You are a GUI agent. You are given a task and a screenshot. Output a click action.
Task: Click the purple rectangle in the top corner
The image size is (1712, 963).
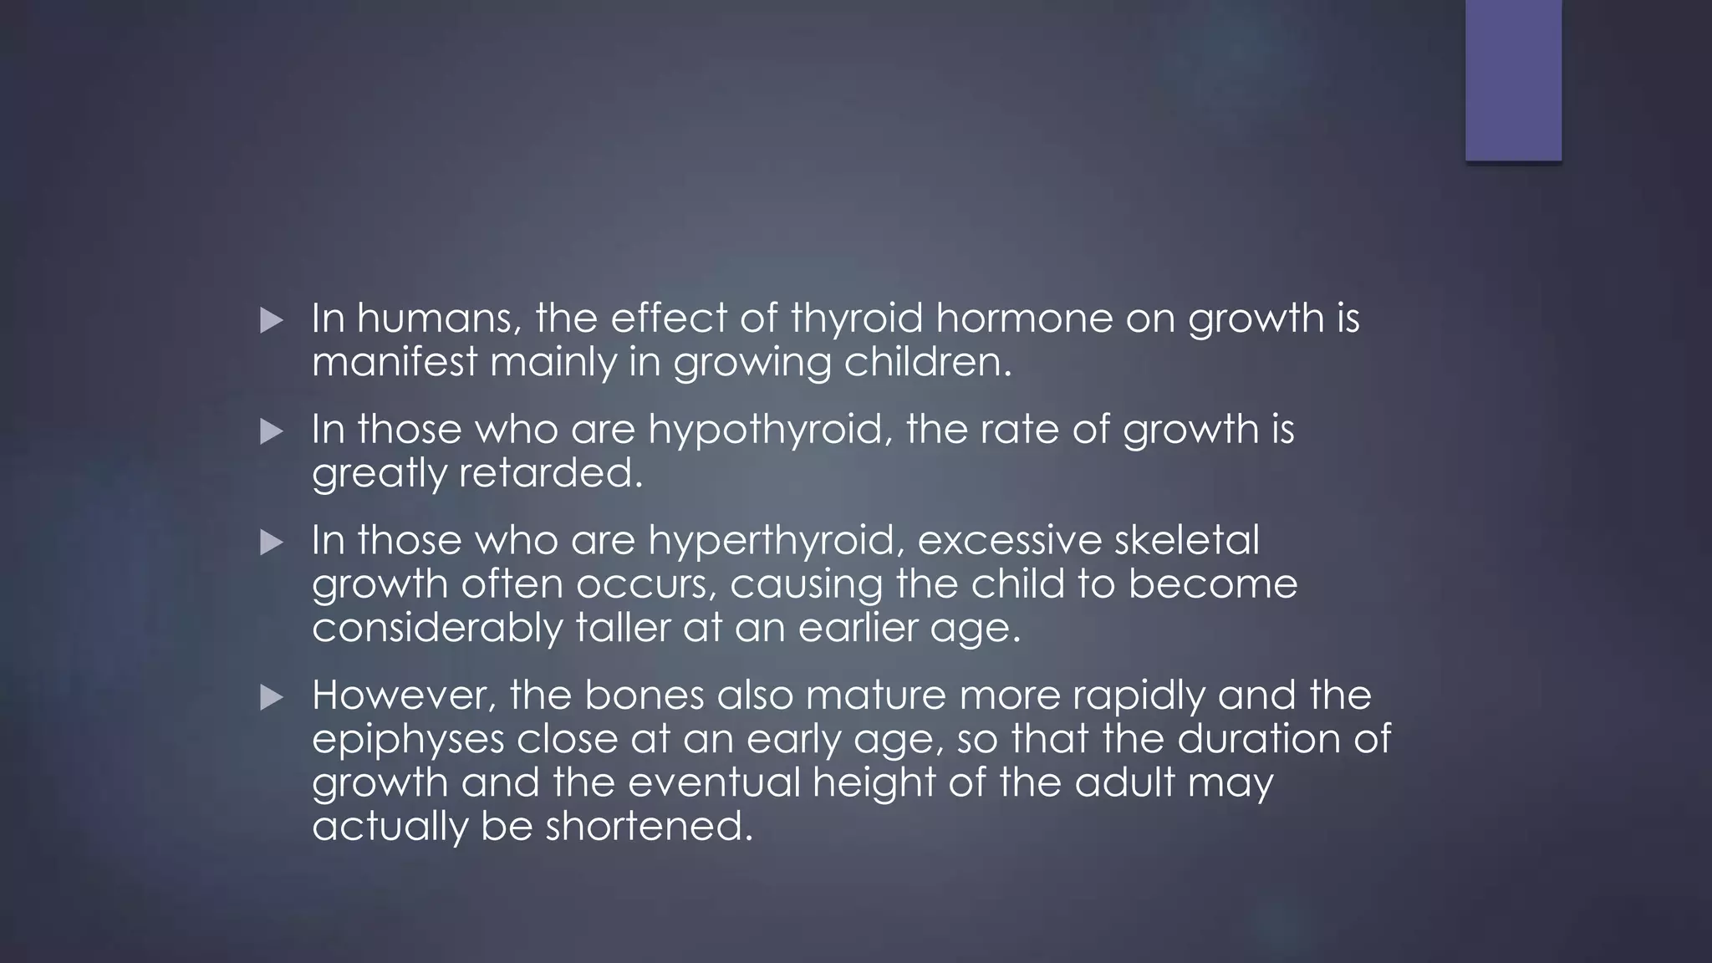(1513, 80)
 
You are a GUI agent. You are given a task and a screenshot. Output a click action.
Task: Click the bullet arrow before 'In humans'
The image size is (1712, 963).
(272, 320)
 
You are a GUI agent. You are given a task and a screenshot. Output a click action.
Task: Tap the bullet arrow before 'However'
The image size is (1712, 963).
(272, 697)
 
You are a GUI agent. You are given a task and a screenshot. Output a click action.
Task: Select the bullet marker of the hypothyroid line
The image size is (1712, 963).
(272, 431)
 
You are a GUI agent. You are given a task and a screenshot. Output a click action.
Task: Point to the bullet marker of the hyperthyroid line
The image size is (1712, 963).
(272, 543)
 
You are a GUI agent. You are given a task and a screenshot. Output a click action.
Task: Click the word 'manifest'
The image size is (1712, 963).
(395, 363)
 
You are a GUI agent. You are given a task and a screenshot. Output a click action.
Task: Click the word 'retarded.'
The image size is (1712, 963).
(552, 474)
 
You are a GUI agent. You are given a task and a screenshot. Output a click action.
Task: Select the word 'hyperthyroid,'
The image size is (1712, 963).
(777, 541)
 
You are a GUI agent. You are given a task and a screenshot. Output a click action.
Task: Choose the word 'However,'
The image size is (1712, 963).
(404, 695)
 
